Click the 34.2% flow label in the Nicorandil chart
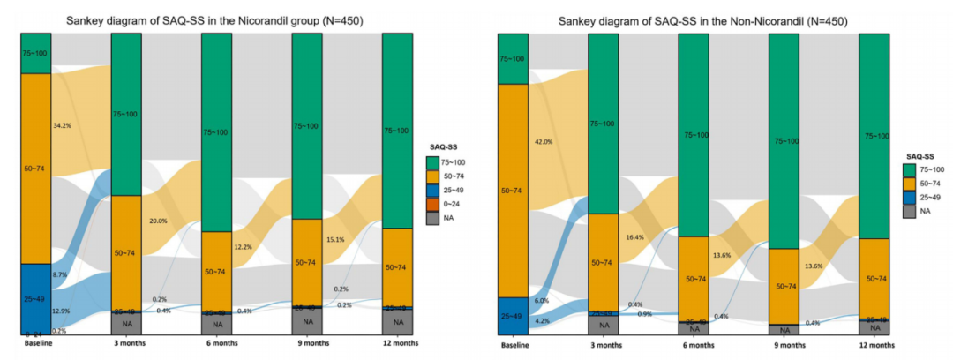pyautogui.click(x=61, y=126)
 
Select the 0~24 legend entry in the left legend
pyautogui.click(x=457, y=204)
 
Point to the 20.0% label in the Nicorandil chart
pyautogui.click(x=158, y=221)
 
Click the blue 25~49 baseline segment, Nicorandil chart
pyautogui.click(x=36, y=298)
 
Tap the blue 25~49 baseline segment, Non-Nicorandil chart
pyautogui.click(x=513, y=315)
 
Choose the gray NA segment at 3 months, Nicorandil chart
pyautogui.click(x=126, y=324)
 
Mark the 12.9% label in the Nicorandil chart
pyautogui.click(x=61, y=311)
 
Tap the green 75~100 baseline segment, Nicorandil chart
pyautogui.click(x=36, y=53)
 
